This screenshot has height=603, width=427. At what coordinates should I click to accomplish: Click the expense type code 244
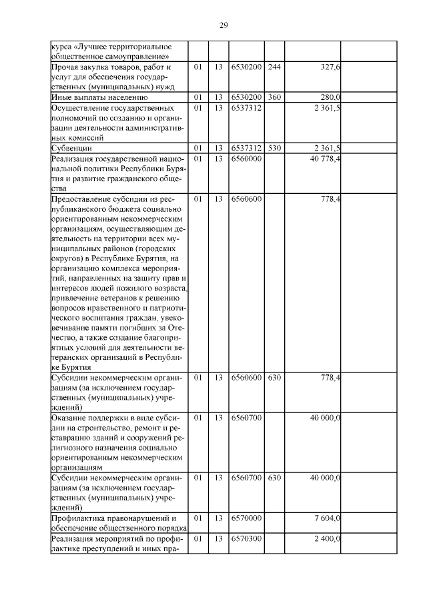pos(274,68)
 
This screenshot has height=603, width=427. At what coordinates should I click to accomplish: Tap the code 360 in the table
pos(274,97)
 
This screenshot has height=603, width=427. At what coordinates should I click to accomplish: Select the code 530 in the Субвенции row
pos(274,148)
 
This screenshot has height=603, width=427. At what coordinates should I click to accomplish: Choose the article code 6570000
pos(247,518)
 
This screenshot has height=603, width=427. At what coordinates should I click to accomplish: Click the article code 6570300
pos(247,538)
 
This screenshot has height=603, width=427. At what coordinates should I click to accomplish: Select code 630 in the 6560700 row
pos(274,478)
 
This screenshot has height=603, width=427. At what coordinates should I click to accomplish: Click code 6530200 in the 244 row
pos(247,68)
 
